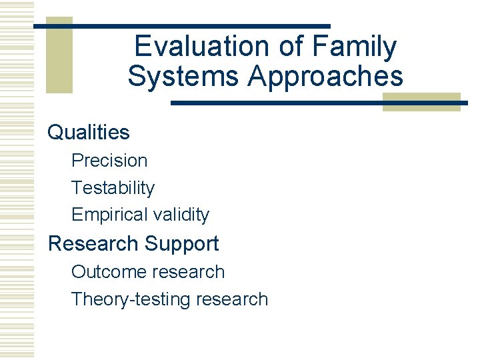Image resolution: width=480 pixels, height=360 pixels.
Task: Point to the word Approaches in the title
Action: click(x=325, y=76)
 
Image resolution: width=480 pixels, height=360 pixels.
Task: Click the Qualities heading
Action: click(x=89, y=132)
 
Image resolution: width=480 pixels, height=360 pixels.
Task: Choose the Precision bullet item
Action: click(x=109, y=161)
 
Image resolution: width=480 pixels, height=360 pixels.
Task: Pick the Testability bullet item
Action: click(x=113, y=188)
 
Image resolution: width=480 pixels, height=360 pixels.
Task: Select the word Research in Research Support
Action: click(x=93, y=243)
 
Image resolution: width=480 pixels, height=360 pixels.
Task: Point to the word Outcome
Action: click(x=109, y=272)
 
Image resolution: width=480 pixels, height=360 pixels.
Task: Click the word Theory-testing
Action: click(x=131, y=299)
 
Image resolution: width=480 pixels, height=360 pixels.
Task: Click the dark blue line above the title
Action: click(x=200, y=25)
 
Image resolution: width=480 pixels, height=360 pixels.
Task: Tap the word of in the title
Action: click(x=279, y=47)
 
